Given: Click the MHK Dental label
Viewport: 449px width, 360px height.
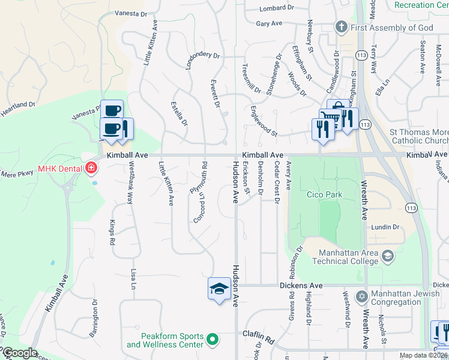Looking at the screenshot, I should [x=60, y=168].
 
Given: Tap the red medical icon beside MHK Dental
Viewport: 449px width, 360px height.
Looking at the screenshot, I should [x=91, y=168].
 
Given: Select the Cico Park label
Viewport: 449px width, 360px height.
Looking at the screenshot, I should [x=324, y=194].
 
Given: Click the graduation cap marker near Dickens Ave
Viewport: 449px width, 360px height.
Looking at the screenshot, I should [x=219, y=289].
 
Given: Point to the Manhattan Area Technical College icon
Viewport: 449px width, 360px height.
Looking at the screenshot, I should [x=388, y=256].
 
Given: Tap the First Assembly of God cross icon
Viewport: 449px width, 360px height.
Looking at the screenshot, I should [x=342, y=27].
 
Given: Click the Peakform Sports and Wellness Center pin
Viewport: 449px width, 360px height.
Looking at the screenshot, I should [x=212, y=340].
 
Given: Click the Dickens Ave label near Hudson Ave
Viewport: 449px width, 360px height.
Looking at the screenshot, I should [x=301, y=286].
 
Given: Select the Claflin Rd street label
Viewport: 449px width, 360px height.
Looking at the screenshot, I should [x=258, y=337].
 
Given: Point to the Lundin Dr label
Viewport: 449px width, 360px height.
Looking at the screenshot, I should [x=385, y=227].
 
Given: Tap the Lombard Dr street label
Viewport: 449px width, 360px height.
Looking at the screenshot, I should [x=277, y=8].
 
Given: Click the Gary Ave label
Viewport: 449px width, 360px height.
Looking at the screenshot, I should [x=269, y=23].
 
